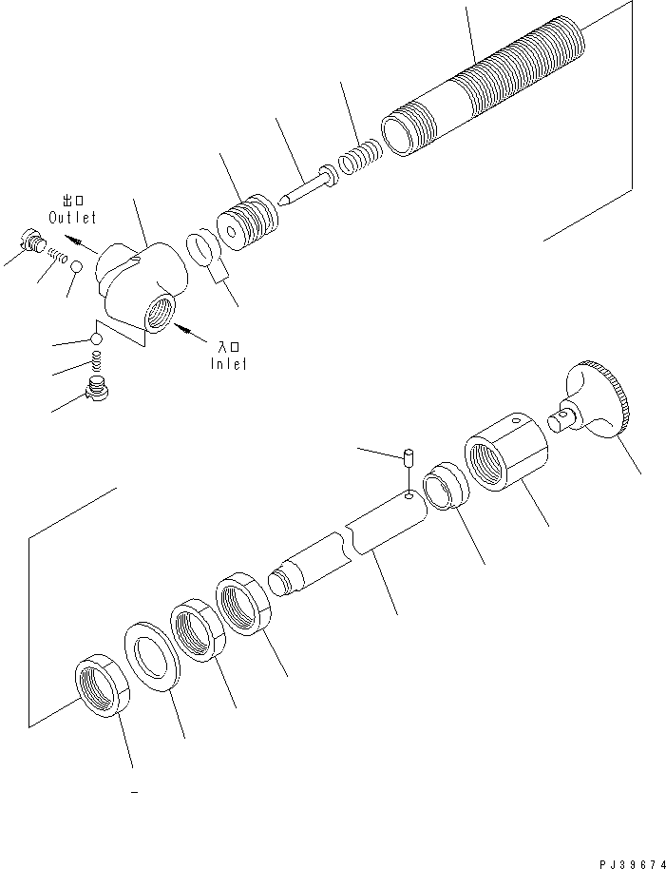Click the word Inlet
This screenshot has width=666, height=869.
click(228, 362)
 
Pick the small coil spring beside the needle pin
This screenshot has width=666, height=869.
click(363, 154)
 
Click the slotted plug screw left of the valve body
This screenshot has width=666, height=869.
click(32, 241)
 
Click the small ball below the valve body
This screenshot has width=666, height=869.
click(95, 338)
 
